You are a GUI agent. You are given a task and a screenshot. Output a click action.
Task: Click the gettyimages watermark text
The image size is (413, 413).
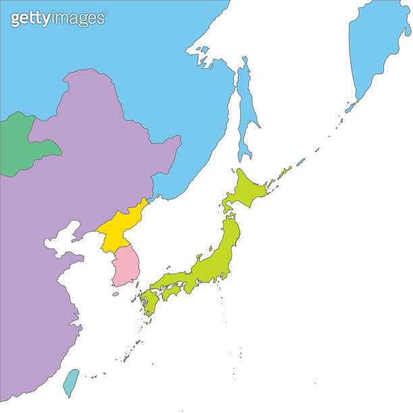click(57, 18)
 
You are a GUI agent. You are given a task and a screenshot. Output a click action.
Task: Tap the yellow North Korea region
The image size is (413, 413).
click(121, 226)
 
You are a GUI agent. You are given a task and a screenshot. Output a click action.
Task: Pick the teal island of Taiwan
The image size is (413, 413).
click(71, 381)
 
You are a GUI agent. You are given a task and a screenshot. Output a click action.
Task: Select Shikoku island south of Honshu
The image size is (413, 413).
click(173, 292)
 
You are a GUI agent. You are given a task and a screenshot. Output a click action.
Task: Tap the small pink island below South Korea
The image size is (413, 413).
click(115, 294)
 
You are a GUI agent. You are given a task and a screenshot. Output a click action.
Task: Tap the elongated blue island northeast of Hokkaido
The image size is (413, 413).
click(300, 161)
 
